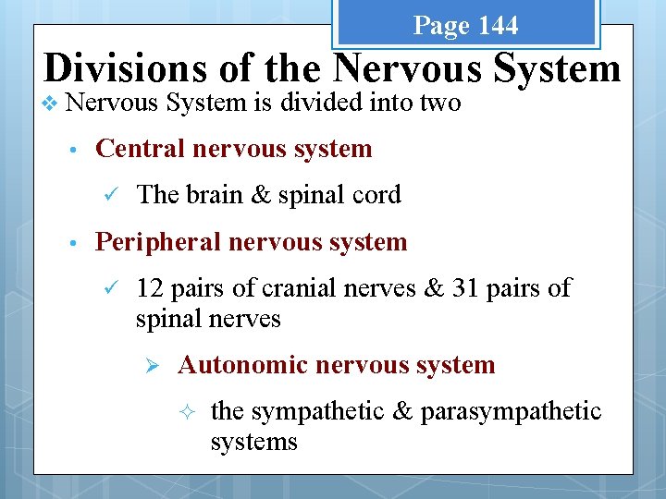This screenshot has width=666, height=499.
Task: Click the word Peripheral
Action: (158, 242)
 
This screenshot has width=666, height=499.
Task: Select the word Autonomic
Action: (242, 365)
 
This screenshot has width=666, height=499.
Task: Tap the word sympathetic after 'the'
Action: (314, 411)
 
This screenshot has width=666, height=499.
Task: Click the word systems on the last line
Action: (253, 442)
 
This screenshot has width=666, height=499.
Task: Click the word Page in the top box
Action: (441, 26)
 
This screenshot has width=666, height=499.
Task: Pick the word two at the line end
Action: (441, 103)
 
